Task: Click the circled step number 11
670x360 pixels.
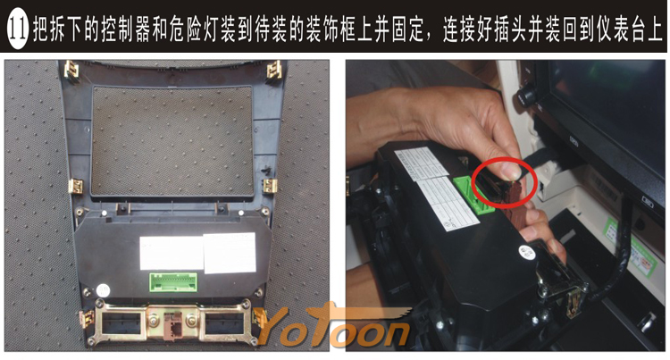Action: click(x=18, y=29)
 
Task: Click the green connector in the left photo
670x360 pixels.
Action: click(x=173, y=282)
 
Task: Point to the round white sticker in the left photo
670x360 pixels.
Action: click(x=103, y=291)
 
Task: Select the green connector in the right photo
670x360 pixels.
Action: click(x=472, y=195)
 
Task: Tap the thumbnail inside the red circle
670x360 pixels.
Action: click(x=511, y=172)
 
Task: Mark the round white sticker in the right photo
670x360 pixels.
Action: click(x=527, y=253)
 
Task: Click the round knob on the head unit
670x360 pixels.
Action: click(x=527, y=94)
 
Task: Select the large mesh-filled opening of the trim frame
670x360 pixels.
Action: click(x=172, y=141)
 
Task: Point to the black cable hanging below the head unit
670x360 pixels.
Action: click(x=614, y=252)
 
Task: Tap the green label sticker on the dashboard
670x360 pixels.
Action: click(x=631, y=247)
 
